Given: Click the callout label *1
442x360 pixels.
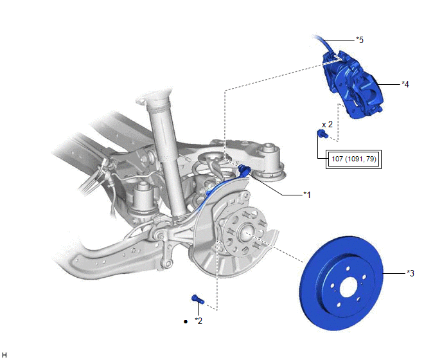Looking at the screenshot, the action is [307, 195].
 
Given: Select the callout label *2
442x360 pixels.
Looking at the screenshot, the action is [199, 321].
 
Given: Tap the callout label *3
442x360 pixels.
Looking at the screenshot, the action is [411, 273].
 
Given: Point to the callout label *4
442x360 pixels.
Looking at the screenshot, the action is [405, 84].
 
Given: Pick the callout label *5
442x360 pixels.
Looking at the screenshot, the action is [360, 40].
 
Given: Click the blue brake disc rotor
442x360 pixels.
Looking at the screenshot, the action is [341, 283].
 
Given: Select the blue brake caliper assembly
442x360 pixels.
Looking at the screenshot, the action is [352, 84].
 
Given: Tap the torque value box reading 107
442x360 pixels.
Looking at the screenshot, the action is [353, 159].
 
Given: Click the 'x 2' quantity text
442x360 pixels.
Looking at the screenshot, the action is [327, 125].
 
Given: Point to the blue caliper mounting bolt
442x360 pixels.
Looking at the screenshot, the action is [323, 134].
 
